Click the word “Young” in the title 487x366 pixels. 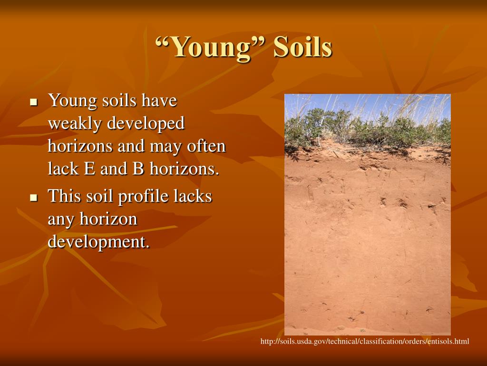[x=209, y=48]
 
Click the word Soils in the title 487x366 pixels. [x=302, y=48]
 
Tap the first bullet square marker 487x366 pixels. [x=33, y=102]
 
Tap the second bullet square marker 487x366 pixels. [x=33, y=197]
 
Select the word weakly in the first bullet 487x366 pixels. [x=75, y=124]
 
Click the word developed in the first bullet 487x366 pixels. [x=146, y=124]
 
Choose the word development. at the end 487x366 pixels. [x=98, y=242]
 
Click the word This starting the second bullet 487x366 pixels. [x=64, y=196]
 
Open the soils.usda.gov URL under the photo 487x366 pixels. [x=364, y=341]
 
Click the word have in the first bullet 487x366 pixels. [x=159, y=101]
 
